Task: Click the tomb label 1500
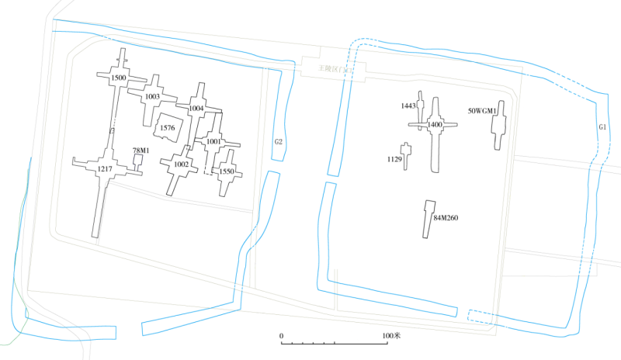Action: tap(119, 78)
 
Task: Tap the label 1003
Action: tap(152, 97)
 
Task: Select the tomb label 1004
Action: tap(196, 109)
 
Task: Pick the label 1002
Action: tap(181, 164)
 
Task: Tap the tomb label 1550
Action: tap(227, 171)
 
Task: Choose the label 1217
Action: tap(105, 169)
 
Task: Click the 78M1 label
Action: tap(141, 151)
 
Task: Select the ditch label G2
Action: tap(278, 142)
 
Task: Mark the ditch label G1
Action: tap(602, 126)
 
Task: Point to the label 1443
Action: tap(408, 106)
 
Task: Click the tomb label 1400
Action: tap(435, 124)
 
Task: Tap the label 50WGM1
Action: tap(482, 111)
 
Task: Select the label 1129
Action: tap(394, 159)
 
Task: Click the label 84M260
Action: tap(446, 218)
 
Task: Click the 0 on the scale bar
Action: tap(282, 336)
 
